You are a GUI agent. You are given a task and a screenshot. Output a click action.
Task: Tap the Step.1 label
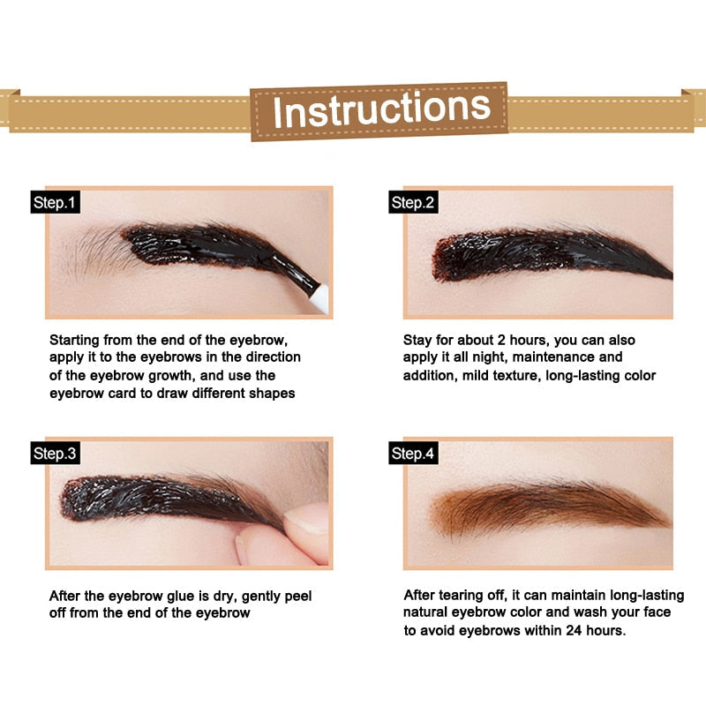pyautogui.click(x=56, y=203)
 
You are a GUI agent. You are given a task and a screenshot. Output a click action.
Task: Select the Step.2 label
pyautogui.click(x=413, y=203)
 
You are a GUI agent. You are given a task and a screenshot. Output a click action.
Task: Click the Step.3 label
pyautogui.click(x=56, y=454)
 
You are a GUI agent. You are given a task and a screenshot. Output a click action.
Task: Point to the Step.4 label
pyautogui.click(x=413, y=454)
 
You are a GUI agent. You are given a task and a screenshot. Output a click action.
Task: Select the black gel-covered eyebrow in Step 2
pyautogui.click(x=547, y=256)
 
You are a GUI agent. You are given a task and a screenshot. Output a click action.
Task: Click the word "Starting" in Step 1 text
pyautogui.click(x=76, y=340)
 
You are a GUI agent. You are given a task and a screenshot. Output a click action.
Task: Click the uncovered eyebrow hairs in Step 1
pyautogui.click(x=97, y=252)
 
